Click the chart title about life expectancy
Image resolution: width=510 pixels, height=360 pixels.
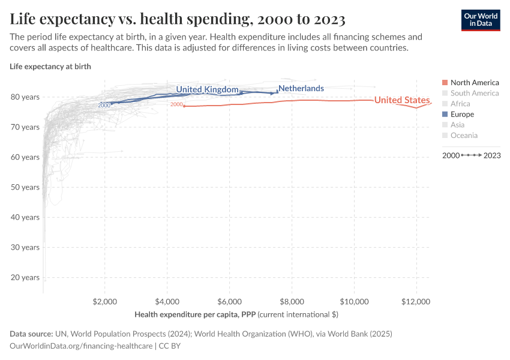pos(178,19)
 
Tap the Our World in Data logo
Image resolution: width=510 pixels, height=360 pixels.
pos(480,19)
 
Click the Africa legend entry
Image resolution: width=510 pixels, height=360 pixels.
pos(460,104)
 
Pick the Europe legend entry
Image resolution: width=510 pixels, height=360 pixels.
pos(461,114)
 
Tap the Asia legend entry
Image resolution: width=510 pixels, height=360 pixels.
pos(458,125)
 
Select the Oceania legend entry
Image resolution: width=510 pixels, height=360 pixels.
pos(463,136)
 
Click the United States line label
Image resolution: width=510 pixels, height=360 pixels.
pos(402,100)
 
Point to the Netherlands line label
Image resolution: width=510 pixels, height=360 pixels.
pos(301,88)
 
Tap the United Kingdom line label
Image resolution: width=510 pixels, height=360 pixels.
pos(207,89)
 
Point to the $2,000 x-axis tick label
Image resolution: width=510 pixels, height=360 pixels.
pos(105,301)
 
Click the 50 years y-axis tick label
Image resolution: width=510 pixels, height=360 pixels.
pos(26,187)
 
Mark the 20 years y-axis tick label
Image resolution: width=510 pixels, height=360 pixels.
pos(26,277)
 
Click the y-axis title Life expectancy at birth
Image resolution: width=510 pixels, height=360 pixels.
pos(50,66)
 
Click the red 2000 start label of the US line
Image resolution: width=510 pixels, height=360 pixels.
pos(176,105)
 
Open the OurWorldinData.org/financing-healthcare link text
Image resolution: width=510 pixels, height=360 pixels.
pos(82,346)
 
